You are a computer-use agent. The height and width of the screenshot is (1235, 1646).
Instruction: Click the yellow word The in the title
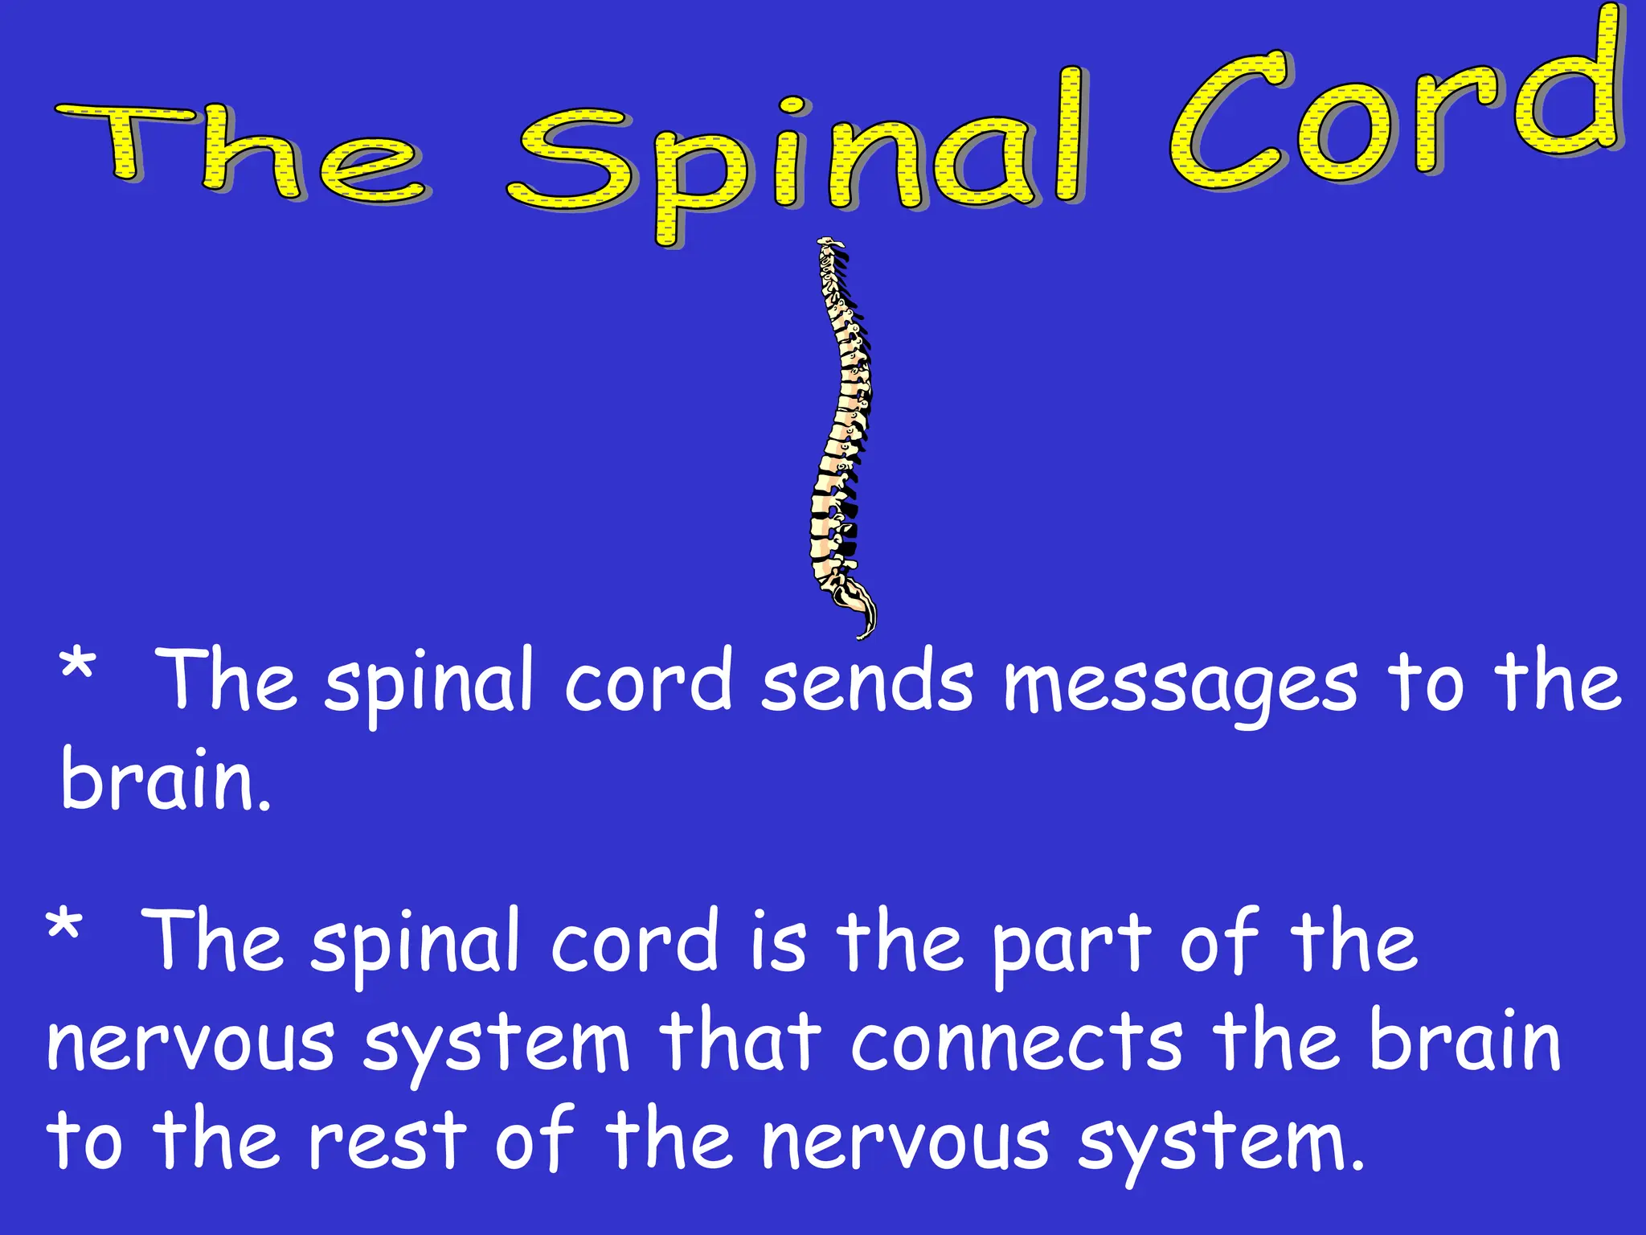241,153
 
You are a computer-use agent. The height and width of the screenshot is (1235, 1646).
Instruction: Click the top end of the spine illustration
829,244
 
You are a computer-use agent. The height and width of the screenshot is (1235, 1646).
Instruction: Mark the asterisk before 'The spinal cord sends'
78,667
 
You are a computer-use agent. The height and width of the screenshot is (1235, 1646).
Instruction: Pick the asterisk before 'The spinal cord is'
63,927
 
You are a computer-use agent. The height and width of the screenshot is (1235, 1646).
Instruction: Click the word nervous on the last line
905,1142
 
